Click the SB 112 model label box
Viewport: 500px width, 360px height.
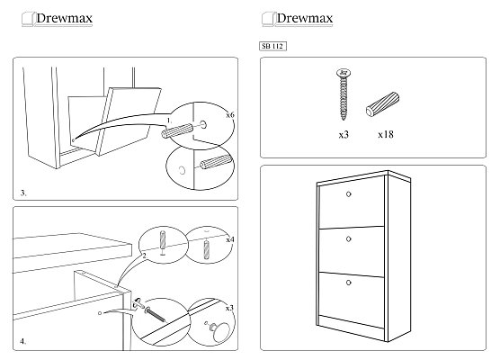click(x=272, y=46)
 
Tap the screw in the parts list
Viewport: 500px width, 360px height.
click(x=344, y=94)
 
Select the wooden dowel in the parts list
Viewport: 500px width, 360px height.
click(x=382, y=104)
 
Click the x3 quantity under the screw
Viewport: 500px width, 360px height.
click(x=344, y=135)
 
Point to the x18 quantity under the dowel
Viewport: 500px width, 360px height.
click(x=386, y=134)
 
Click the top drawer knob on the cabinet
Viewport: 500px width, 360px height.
click(x=349, y=194)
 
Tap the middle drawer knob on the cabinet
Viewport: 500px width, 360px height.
click(x=349, y=238)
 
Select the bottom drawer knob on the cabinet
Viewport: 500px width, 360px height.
click(x=349, y=283)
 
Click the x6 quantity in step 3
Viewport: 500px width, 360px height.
click(x=230, y=114)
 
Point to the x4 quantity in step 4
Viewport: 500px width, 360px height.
click(x=230, y=239)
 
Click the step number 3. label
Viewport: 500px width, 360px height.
click(x=23, y=193)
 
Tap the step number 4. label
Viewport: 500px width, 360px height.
click(x=23, y=341)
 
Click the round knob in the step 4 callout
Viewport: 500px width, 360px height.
click(x=219, y=331)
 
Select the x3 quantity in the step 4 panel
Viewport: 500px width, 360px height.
click(x=229, y=308)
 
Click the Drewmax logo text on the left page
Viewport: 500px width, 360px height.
click(x=64, y=18)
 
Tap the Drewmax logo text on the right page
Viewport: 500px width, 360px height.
click(x=305, y=18)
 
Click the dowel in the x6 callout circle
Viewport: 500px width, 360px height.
click(x=177, y=130)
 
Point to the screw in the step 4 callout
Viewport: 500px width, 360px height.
click(x=156, y=314)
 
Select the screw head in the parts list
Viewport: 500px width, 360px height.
click(x=344, y=73)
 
